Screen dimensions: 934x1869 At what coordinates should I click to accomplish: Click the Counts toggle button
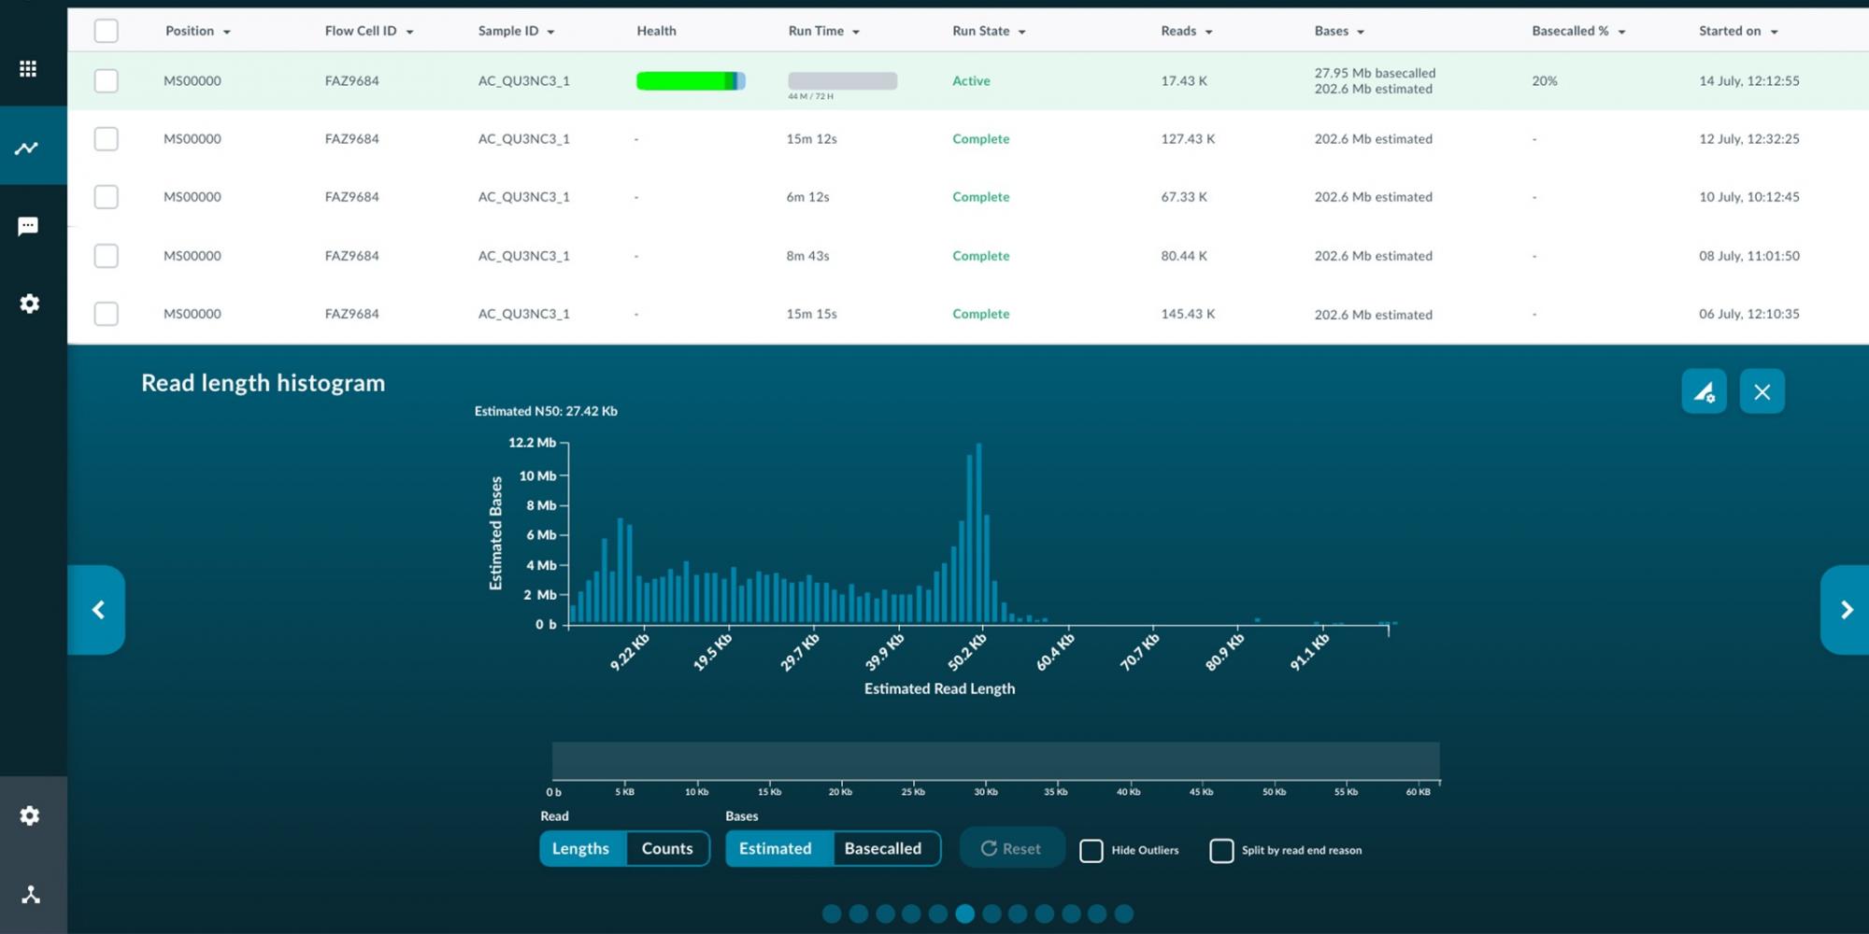click(x=667, y=848)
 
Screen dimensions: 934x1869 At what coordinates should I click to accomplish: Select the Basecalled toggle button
click(x=883, y=848)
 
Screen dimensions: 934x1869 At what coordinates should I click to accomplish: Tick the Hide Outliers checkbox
click(x=1091, y=851)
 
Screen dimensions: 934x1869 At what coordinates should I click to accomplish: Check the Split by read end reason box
click(x=1221, y=851)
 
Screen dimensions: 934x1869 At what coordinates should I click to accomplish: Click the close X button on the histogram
click(x=1762, y=392)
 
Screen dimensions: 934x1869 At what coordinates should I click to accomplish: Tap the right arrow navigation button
click(x=1846, y=610)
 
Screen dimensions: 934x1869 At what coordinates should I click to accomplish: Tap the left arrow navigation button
click(x=97, y=610)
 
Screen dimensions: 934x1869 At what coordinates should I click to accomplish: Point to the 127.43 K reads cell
click(x=1188, y=139)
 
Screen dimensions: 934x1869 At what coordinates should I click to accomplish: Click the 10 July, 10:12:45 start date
click(x=1748, y=197)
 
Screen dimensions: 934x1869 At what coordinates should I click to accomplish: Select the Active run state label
click(x=971, y=81)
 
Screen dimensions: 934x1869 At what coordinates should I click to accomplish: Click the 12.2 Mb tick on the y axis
click(x=532, y=443)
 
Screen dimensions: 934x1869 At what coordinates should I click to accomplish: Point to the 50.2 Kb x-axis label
click(x=967, y=652)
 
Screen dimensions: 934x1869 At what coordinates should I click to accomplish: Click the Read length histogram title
click(x=263, y=383)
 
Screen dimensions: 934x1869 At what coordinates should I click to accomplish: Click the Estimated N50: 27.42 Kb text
click(x=546, y=411)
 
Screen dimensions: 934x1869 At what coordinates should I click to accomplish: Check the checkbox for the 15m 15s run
click(x=107, y=314)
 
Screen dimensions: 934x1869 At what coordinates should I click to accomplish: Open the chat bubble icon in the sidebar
click(x=28, y=226)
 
